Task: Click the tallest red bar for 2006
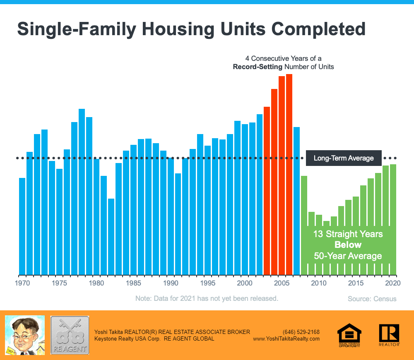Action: point(289,174)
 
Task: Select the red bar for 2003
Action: point(267,190)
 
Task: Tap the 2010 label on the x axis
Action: point(318,283)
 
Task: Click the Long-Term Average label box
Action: point(344,158)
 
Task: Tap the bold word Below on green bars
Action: point(348,245)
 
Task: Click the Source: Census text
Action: point(372,299)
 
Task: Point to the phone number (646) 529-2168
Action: point(301,332)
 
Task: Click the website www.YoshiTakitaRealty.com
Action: point(286,338)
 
